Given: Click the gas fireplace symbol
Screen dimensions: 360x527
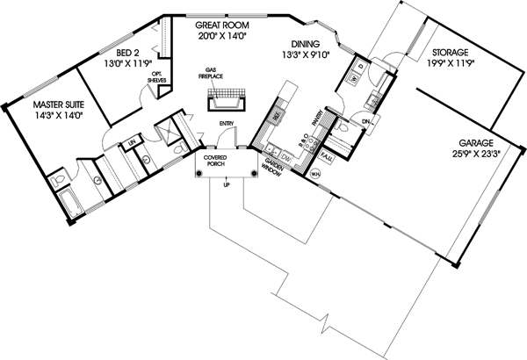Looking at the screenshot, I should [225, 103].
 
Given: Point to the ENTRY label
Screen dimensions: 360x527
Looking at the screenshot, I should [227, 124].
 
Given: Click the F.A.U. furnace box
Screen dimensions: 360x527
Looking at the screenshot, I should [326, 156].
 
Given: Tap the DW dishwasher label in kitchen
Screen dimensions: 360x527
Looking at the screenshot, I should [286, 151].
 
